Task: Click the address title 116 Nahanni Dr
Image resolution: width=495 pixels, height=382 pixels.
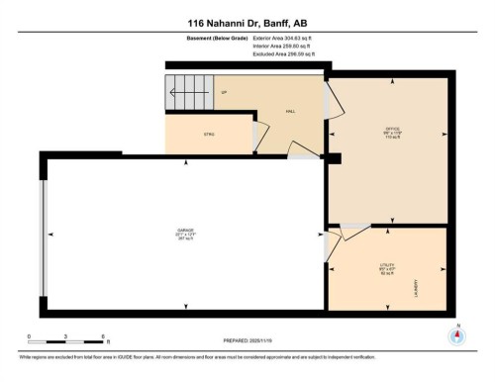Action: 247,23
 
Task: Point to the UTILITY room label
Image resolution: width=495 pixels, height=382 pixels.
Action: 387,267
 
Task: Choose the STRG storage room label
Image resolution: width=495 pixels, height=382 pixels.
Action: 209,134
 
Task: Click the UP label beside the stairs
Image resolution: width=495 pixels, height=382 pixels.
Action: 224,92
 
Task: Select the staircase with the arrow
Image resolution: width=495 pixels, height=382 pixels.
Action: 189,96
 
